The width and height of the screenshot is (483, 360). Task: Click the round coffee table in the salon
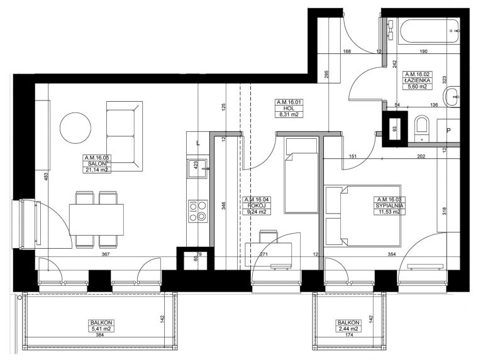pos(75,128)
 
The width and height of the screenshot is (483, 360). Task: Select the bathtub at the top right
pos(428,32)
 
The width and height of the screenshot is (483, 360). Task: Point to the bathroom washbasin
pos(452,97)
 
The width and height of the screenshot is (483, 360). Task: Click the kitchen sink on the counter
pos(197,168)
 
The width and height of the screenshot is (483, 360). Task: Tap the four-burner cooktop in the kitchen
pos(198,210)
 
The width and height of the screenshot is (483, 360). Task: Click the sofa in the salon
pos(125,136)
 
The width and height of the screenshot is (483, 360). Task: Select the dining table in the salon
pos(96,220)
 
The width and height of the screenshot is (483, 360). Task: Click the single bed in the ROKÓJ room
pos(301,175)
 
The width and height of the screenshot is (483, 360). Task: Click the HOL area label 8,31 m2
pos(289,115)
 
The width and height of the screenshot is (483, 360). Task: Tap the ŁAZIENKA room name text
pos(418,80)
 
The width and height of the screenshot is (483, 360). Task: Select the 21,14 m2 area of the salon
pos(97,170)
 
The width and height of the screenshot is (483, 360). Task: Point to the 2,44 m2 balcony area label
pos(348,329)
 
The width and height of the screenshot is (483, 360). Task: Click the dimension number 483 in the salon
pos(46,177)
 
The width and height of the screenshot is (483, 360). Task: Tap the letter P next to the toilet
pos(448,131)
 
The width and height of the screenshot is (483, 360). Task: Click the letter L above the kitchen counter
pos(198,143)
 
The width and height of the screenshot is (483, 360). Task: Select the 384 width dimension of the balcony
pos(100,335)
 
